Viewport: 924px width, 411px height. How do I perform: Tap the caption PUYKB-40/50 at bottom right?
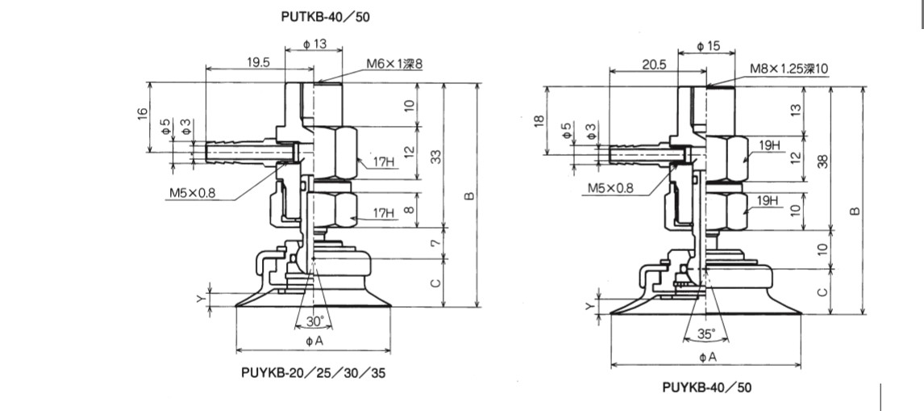(x=706, y=388)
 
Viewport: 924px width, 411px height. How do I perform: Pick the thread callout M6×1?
(x=383, y=64)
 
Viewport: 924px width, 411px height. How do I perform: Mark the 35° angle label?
(x=706, y=333)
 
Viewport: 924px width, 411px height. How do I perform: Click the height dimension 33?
(x=436, y=156)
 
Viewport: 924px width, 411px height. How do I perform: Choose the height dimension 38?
(x=822, y=161)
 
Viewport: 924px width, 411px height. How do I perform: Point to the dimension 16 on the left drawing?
(x=142, y=114)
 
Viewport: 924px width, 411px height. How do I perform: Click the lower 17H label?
(x=383, y=214)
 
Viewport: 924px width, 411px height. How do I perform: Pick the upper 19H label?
(x=770, y=145)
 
